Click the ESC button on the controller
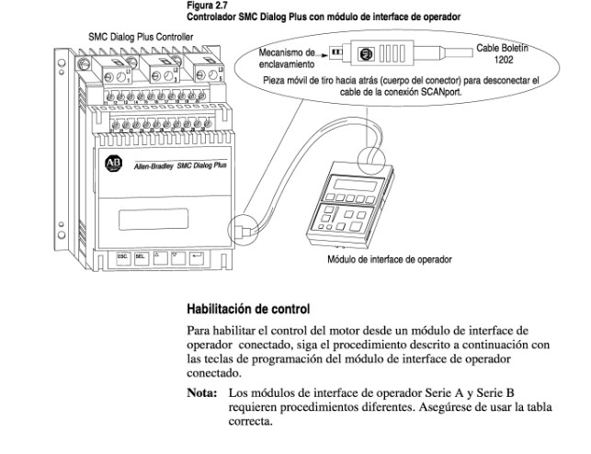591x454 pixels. [x=122, y=259]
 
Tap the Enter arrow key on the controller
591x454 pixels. [x=197, y=259]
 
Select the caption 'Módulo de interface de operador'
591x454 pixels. [x=389, y=259]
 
